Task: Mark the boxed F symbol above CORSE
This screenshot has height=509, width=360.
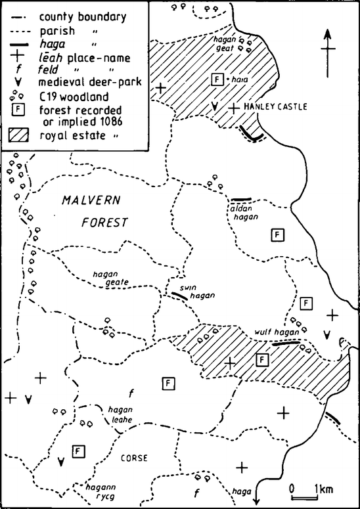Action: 78,451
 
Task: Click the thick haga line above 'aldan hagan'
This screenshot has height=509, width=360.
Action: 241,198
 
